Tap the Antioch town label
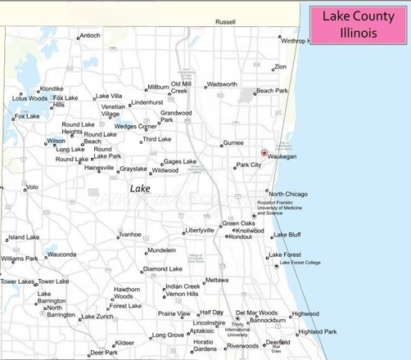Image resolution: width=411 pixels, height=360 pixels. (x=90, y=35)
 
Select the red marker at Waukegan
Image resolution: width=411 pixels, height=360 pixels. (x=264, y=153)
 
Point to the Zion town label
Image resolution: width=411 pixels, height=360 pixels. (x=281, y=66)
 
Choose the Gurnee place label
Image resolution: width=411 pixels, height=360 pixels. (x=234, y=142)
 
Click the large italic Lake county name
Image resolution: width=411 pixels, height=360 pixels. (x=140, y=188)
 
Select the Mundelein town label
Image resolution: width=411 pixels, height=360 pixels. (x=160, y=250)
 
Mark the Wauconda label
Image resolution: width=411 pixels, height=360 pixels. (x=61, y=254)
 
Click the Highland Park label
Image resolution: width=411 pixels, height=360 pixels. (x=317, y=331)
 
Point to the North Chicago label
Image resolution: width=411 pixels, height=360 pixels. (x=288, y=194)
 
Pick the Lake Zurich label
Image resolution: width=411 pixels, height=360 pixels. (x=97, y=317)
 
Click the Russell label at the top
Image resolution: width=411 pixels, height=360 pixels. (x=225, y=22)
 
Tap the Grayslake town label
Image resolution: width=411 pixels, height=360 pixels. (x=133, y=169)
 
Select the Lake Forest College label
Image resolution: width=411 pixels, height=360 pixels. (x=303, y=263)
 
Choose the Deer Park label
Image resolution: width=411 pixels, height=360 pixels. (x=104, y=353)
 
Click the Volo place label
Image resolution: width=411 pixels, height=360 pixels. (x=32, y=187)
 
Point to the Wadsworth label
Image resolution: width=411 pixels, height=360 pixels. (x=222, y=84)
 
